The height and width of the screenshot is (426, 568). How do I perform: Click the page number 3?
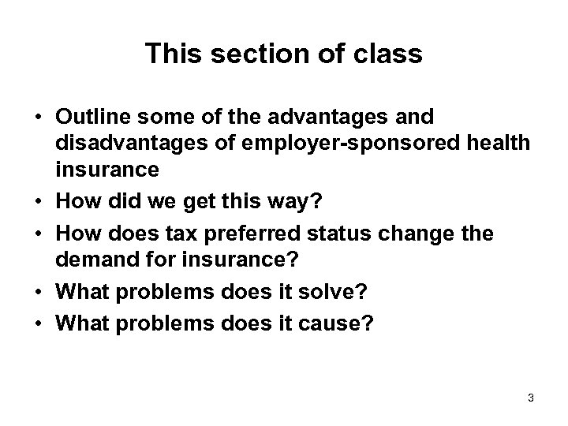coord(531,398)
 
